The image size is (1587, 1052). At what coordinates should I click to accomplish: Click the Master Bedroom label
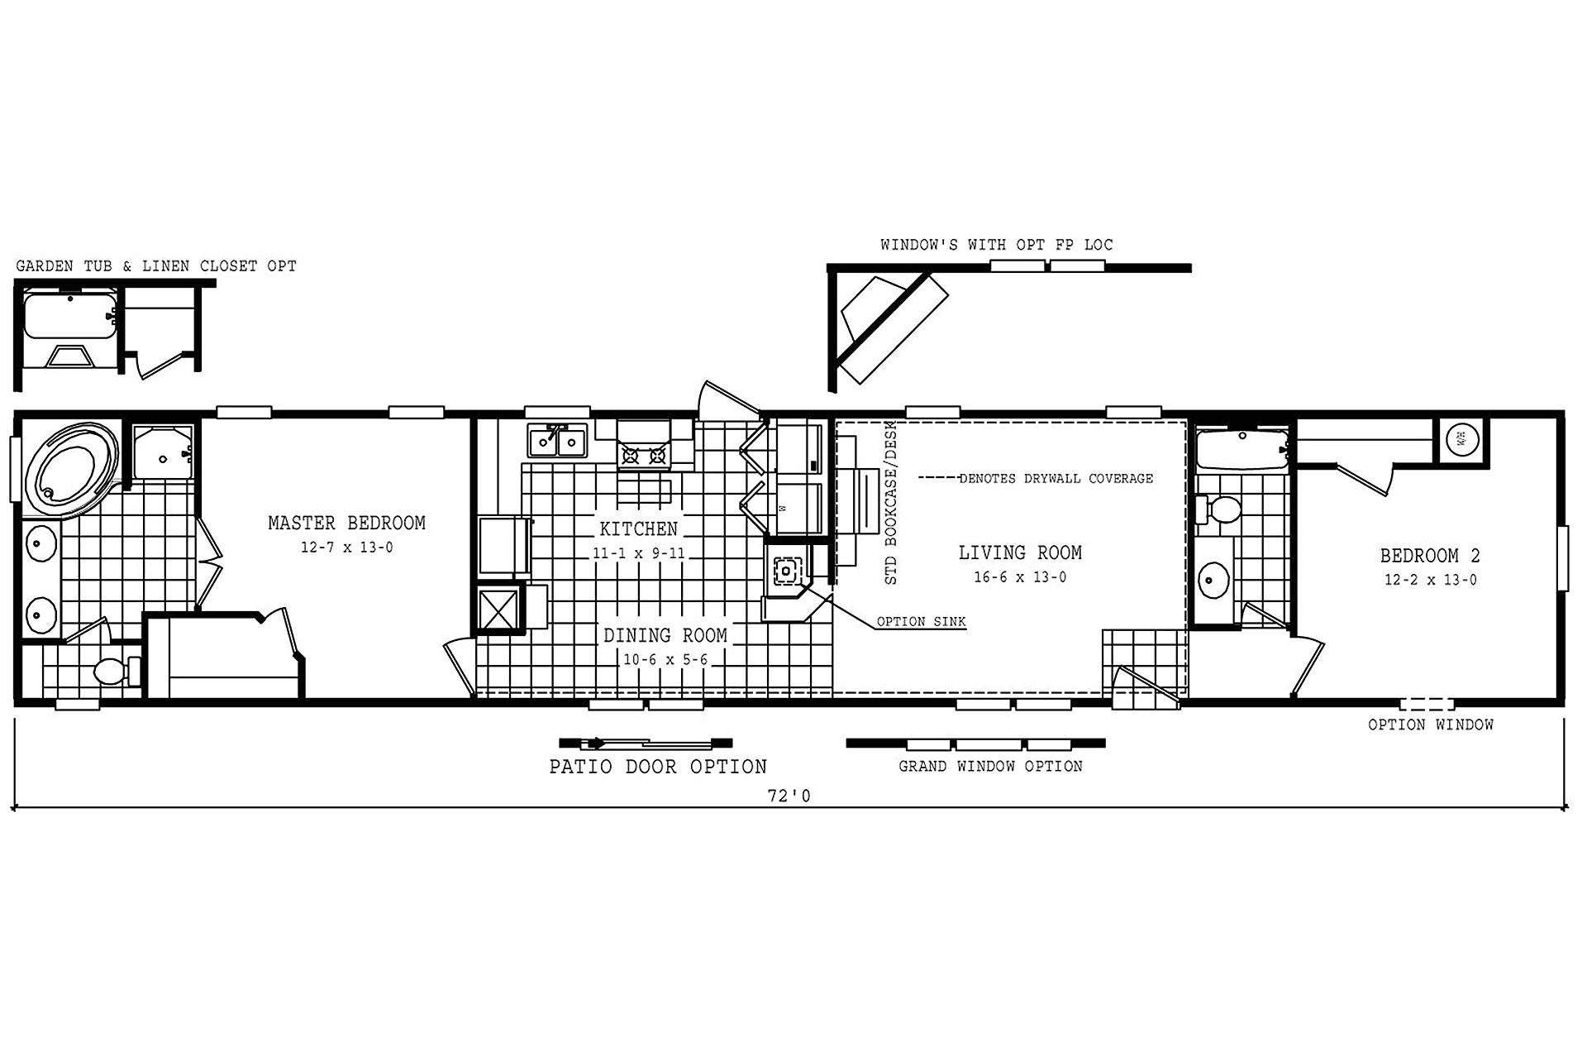pyautogui.click(x=346, y=523)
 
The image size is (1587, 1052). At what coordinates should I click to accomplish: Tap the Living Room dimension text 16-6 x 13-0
pyautogui.click(x=1019, y=577)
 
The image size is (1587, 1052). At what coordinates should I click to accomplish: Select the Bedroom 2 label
pyautogui.click(x=1430, y=556)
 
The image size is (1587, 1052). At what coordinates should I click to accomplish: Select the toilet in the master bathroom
pyautogui.click(x=111, y=671)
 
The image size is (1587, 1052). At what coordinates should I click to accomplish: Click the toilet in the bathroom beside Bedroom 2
pyautogui.click(x=1220, y=509)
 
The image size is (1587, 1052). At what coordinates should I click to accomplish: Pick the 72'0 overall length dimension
pyautogui.click(x=789, y=796)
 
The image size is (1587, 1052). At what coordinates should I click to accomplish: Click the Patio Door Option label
pyautogui.click(x=658, y=767)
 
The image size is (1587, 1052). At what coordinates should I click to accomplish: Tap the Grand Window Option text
pyautogui.click(x=990, y=767)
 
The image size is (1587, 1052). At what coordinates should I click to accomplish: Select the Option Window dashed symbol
pyautogui.click(x=1427, y=705)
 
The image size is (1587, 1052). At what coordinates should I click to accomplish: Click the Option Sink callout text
pyautogui.click(x=921, y=622)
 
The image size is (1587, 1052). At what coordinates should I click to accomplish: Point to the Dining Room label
pyautogui.click(x=665, y=635)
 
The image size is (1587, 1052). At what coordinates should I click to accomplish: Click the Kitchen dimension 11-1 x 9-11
pyautogui.click(x=638, y=553)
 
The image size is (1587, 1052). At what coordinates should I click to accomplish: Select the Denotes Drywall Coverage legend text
pyautogui.click(x=1056, y=479)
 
